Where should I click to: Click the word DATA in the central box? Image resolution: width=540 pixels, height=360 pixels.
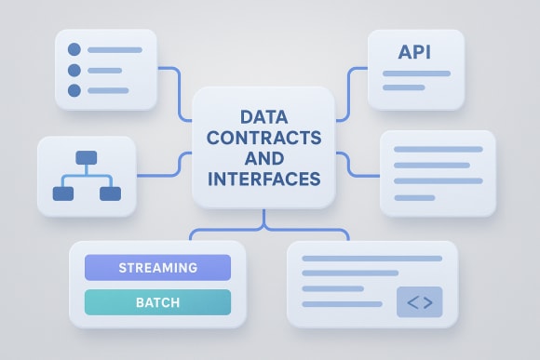click(263, 118)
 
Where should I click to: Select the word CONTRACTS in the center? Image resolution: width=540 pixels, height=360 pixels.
click(263, 138)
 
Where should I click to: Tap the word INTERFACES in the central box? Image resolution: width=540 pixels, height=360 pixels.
click(263, 178)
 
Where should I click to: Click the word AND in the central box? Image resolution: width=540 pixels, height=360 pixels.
click(263, 158)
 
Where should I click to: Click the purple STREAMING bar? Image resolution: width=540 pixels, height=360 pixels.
click(157, 268)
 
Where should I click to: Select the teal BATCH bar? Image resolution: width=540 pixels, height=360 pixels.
click(157, 302)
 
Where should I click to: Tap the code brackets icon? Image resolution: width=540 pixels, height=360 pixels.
click(420, 301)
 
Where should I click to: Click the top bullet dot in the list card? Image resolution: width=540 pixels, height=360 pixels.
click(75, 49)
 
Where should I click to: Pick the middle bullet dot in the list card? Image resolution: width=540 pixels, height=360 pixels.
click(75, 70)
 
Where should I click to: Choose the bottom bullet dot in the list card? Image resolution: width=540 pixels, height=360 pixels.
click(75, 90)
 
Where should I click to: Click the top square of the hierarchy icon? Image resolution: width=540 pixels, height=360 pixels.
click(87, 158)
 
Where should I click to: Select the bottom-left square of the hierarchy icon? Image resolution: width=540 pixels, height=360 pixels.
click(63, 193)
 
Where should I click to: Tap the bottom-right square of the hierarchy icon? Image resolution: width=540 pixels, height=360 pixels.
click(110, 193)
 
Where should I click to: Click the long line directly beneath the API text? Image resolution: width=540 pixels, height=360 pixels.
click(416, 73)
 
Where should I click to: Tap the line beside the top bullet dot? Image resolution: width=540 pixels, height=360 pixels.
click(115, 49)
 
